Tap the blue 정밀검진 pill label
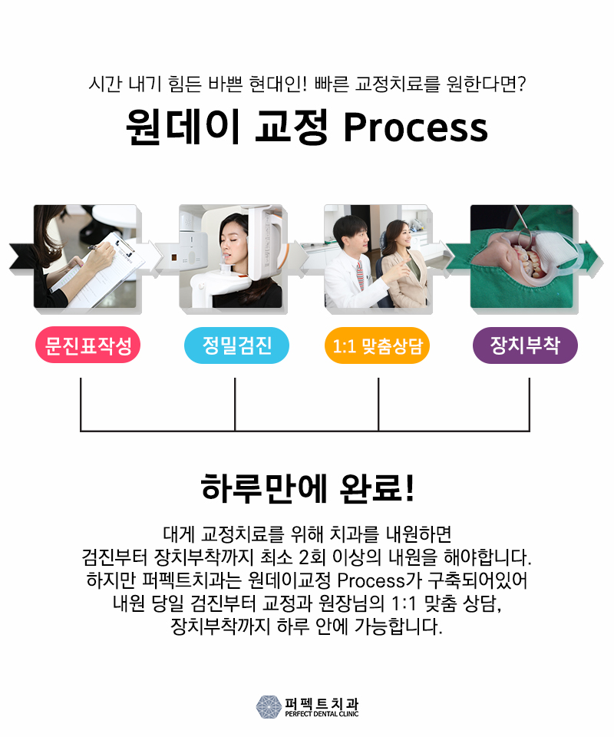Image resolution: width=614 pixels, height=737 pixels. click(236, 347)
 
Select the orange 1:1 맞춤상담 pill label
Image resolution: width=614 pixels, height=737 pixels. click(377, 347)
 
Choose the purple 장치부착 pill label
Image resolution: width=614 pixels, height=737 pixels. click(525, 347)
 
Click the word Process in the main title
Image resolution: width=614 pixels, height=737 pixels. click(415, 127)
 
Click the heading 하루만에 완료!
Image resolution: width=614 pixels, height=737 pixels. click(307, 488)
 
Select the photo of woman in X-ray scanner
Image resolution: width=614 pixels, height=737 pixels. click(232, 257)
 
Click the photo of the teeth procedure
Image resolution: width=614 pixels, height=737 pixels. click(522, 257)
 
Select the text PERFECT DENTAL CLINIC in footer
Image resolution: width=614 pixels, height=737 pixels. click(321, 713)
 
